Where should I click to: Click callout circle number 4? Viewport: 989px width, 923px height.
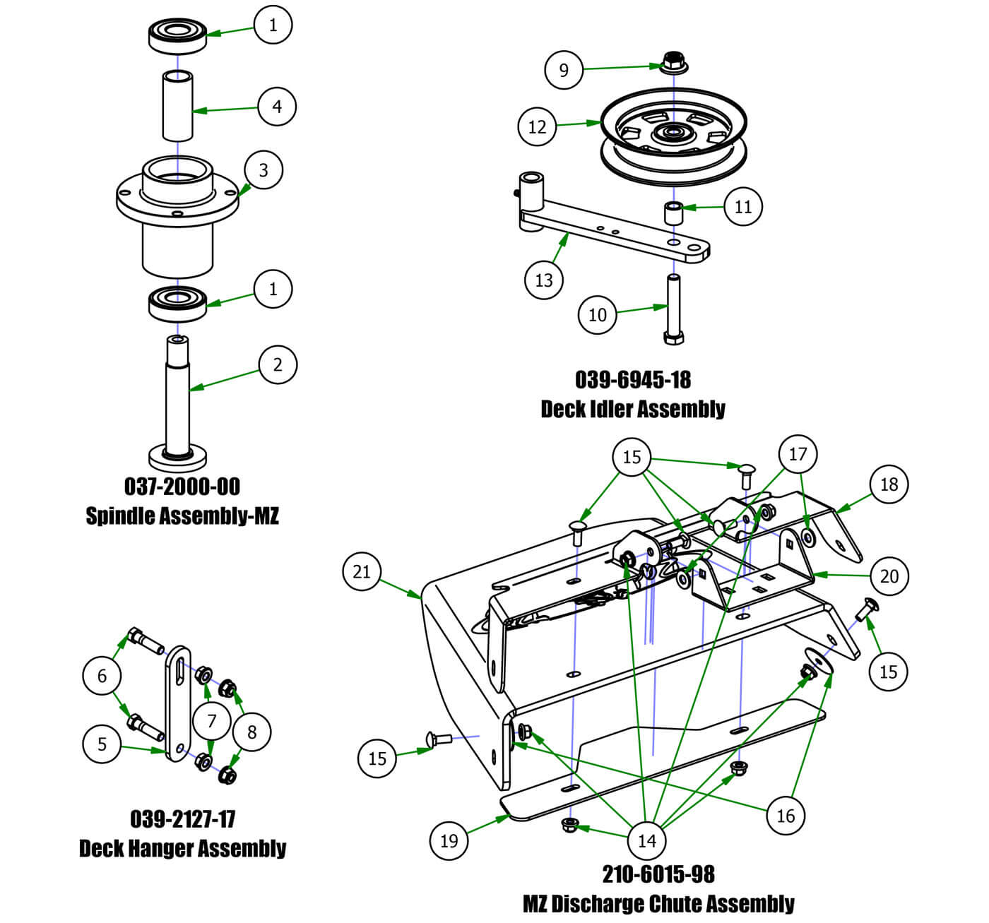pos(277,107)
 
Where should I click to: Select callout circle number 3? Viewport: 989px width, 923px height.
pos(263,170)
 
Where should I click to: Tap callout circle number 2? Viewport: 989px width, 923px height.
pos(277,364)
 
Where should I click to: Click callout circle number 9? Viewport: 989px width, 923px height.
pos(563,70)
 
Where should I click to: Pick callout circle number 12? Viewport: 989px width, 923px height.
pos(537,126)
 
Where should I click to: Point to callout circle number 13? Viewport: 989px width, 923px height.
pos(543,280)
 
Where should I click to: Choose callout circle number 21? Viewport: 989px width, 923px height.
pos(361,571)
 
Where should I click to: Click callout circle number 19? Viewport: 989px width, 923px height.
pos(449,840)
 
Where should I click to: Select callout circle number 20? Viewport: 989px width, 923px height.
pos(889,576)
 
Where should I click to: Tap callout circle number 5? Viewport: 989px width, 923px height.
pos(102,744)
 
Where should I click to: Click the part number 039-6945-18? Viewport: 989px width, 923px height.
pos(632,380)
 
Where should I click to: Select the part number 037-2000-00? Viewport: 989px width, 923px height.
pos(182,487)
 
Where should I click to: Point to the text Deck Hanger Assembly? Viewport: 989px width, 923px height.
pos(182,848)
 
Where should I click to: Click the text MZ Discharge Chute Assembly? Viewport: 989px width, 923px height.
pos(658,904)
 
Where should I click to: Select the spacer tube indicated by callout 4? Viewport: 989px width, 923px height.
pos(177,106)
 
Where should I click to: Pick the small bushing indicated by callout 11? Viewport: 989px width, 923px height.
pos(673,213)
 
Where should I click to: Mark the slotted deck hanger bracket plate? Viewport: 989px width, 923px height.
pos(178,703)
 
